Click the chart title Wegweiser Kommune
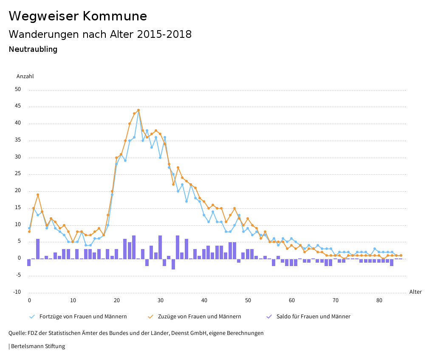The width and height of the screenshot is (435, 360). (x=78, y=16)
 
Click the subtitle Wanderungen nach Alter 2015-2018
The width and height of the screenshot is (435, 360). (x=100, y=34)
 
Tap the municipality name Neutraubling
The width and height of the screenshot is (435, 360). (x=33, y=49)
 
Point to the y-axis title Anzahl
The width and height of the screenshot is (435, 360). (x=25, y=77)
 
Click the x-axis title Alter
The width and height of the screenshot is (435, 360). (x=415, y=292)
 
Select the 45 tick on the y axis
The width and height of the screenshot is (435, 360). (x=18, y=106)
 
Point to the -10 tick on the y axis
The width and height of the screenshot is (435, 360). (x=17, y=292)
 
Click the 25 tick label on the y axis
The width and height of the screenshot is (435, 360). (x=18, y=174)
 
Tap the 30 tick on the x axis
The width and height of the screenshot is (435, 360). (x=160, y=300)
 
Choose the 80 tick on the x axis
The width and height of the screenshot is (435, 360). (x=379, y=300)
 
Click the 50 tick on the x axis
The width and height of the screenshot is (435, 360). (x=248, y=300)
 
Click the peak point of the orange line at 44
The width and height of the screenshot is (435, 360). (x=138, y=110)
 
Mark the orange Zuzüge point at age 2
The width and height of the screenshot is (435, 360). (x=38, y=195)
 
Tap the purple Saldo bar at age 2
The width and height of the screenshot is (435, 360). (x=38, y=249)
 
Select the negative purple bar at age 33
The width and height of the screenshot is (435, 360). (x=173, y=264)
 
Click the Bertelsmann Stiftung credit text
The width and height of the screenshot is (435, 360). (x=37, y=346)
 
